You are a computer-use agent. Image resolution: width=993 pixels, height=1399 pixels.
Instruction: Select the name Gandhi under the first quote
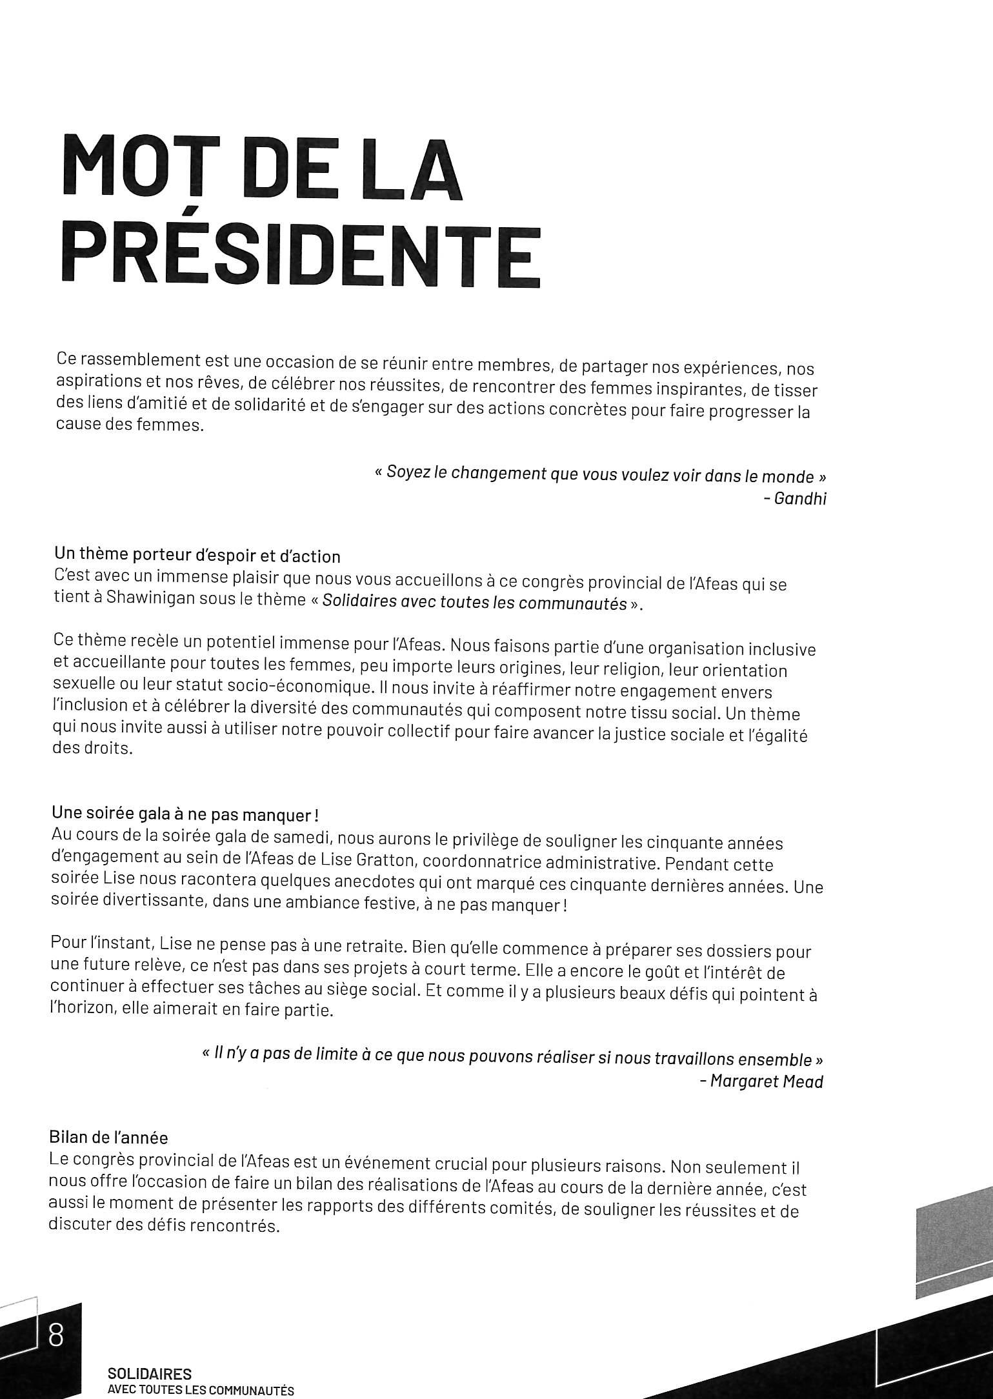click(x=799, y=499)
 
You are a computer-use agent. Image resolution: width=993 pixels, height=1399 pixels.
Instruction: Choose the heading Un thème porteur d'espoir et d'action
click(x=197, y=556)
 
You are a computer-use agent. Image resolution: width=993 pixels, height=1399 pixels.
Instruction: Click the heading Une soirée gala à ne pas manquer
click(x=185, y=815)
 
